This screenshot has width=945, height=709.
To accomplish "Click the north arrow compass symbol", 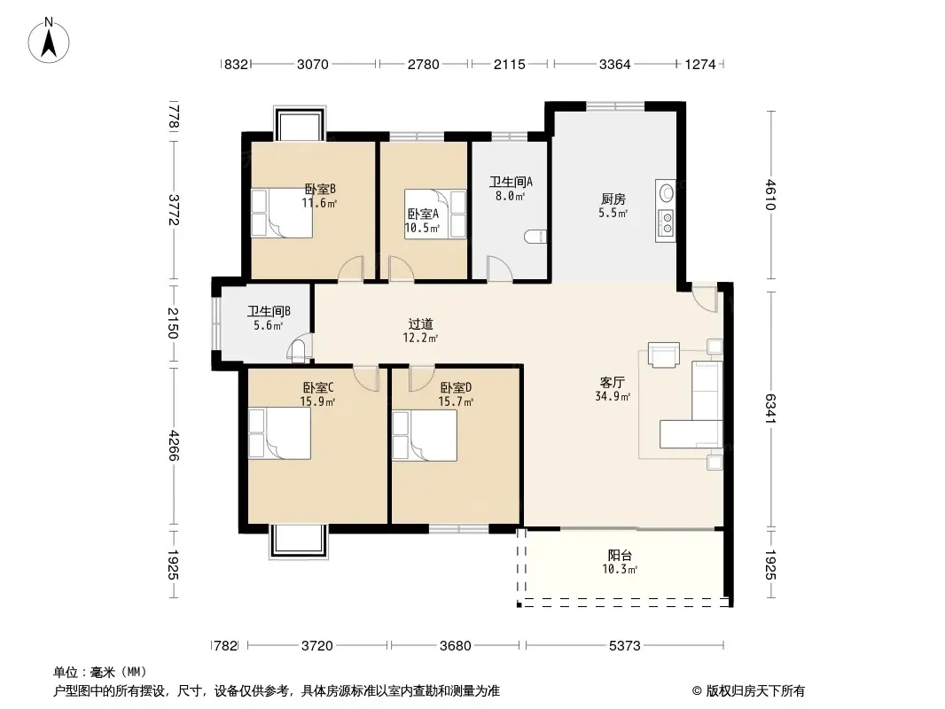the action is [49, 41].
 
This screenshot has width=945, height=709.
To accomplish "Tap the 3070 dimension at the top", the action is [313, 64].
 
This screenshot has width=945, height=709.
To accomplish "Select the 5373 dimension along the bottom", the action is [624, 646].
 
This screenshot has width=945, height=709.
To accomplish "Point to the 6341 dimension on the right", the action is [770, 408].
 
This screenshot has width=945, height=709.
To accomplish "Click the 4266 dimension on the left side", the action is [174, 445].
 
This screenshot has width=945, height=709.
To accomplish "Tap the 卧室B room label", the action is [320, 189].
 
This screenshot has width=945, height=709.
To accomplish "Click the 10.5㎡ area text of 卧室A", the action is [422, 228].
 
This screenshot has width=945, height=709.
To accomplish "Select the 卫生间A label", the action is [512, 182].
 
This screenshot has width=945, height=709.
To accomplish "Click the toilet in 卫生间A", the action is [535, 237].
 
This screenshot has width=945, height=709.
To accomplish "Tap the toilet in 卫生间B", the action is [298, 351].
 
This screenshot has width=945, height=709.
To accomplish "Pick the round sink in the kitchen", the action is [667, 193].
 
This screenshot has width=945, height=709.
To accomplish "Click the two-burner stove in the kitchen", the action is [666, 222].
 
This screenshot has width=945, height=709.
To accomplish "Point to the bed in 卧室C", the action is [279, 433].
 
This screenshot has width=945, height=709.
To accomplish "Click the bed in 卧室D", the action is [425, 435].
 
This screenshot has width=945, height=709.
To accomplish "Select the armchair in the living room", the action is [664, 354].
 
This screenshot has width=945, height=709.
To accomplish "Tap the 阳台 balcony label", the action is [620, 556].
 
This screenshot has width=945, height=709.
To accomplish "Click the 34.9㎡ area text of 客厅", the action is [613, 396].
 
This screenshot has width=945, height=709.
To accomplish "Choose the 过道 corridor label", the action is [421, 324].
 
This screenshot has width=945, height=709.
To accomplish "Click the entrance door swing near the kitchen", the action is [705, 297].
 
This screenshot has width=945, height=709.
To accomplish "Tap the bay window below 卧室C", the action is [299, 542].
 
